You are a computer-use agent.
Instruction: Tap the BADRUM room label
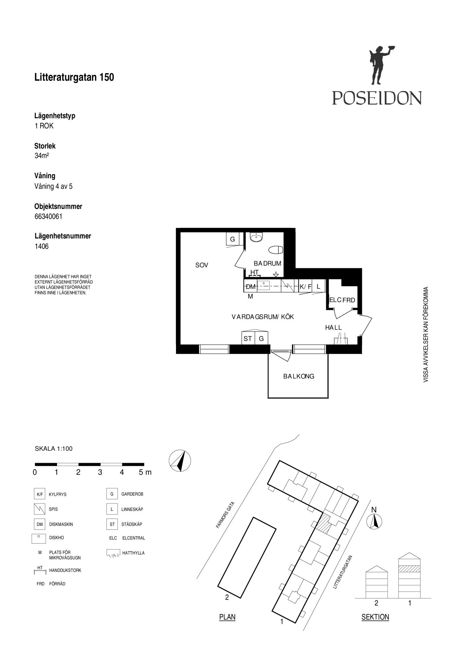tap(267, 263)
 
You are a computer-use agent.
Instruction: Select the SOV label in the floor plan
tap(202, 265)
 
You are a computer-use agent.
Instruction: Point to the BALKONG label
tap(299, 376)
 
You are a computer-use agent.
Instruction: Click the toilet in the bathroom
tap(276, 250)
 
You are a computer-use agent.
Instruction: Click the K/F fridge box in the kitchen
tap(305, 286)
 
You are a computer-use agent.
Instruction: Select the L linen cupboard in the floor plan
tap(319, 286)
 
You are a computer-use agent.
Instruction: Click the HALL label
tap(334, 328)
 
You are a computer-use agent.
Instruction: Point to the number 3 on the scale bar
tap(100, 472)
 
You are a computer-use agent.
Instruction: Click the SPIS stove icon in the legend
tap(40, 509)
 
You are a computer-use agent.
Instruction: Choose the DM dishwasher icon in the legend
tap(40, 524)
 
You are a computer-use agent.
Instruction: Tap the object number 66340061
tap(48, 216)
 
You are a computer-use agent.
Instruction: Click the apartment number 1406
tap(41, 246)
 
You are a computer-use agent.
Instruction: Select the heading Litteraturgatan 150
tap(74, 77)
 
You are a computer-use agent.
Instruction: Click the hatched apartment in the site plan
tap(323, 524)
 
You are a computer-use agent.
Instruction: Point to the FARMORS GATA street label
tap(225, 515)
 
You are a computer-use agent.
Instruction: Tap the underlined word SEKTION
tap(375, 617)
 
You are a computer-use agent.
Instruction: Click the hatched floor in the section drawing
tap(409, 569)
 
